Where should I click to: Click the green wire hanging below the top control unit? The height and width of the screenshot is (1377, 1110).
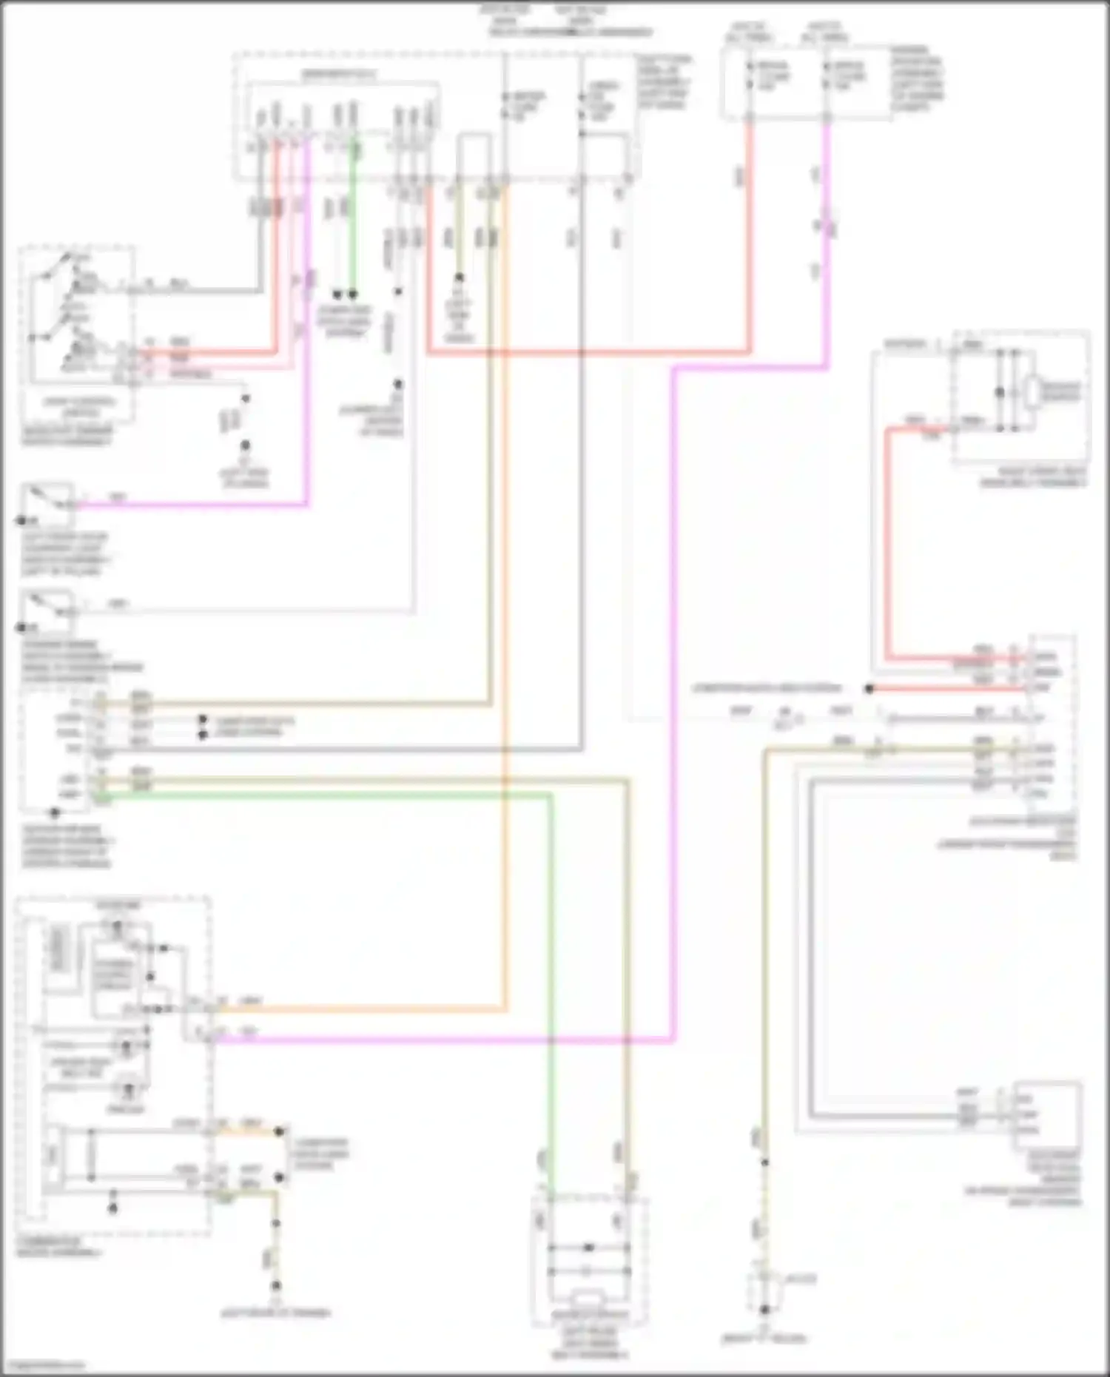[x=353, y=222]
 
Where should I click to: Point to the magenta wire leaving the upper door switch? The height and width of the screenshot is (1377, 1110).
[x=185, y=506]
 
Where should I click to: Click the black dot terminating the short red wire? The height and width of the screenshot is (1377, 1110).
[x=869, y=688]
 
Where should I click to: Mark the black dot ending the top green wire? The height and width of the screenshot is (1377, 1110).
[x=353, y=294]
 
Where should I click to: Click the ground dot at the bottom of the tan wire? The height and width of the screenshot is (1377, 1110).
[x=765, y=1309]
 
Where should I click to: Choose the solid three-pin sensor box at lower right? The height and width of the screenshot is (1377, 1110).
[x=1046, y=1114]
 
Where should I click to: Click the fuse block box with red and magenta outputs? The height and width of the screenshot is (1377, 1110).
[x=807, y=81]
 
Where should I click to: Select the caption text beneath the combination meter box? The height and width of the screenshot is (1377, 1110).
[x=59, y=1248]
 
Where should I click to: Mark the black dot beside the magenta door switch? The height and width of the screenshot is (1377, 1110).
[x=22, y=521]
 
